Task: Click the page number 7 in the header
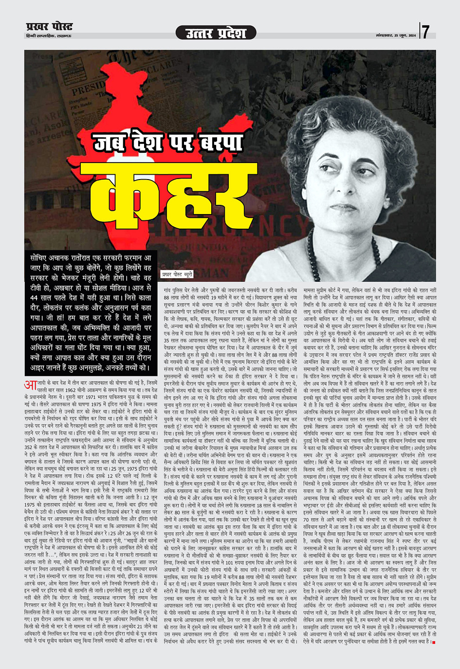[x=425, y=32]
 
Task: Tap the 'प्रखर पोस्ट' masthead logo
[x=50, y=27]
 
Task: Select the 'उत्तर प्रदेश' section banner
[x=216, y=33]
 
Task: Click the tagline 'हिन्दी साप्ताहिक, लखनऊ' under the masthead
[x=49, y=36]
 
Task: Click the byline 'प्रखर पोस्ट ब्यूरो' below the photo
[x=177, y=274]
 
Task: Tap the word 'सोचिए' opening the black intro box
[x=40, y=258]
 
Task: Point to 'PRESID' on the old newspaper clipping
[x=86, y=90]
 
